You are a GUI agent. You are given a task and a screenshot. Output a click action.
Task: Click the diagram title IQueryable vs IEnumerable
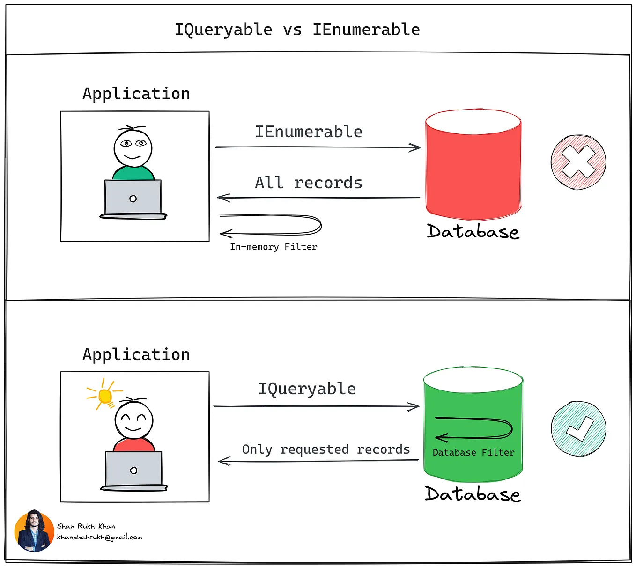297,29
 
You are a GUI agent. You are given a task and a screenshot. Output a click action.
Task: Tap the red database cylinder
473,169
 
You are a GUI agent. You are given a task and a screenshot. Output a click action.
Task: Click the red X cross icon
578,162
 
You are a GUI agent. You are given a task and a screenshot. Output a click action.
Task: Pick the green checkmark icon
578,428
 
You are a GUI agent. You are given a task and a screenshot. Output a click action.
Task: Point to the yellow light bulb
105,396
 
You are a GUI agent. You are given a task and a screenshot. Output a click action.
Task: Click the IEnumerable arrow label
309,132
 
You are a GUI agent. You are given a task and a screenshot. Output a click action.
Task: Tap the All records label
309,183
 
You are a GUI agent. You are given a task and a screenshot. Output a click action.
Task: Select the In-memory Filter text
274,247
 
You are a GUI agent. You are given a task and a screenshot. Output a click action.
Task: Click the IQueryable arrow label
307,389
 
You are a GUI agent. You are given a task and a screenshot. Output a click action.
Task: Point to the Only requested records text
326,449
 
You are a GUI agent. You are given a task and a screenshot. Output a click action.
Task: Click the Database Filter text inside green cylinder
473,453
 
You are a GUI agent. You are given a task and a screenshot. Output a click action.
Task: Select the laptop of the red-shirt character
134,470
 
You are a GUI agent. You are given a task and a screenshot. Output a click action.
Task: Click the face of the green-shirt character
133,147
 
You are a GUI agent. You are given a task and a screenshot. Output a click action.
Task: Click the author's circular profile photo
34,530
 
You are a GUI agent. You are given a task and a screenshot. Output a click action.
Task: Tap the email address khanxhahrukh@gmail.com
99,538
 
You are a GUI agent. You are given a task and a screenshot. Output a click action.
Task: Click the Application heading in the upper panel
136,94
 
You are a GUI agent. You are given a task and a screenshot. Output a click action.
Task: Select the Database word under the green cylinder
473,494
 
